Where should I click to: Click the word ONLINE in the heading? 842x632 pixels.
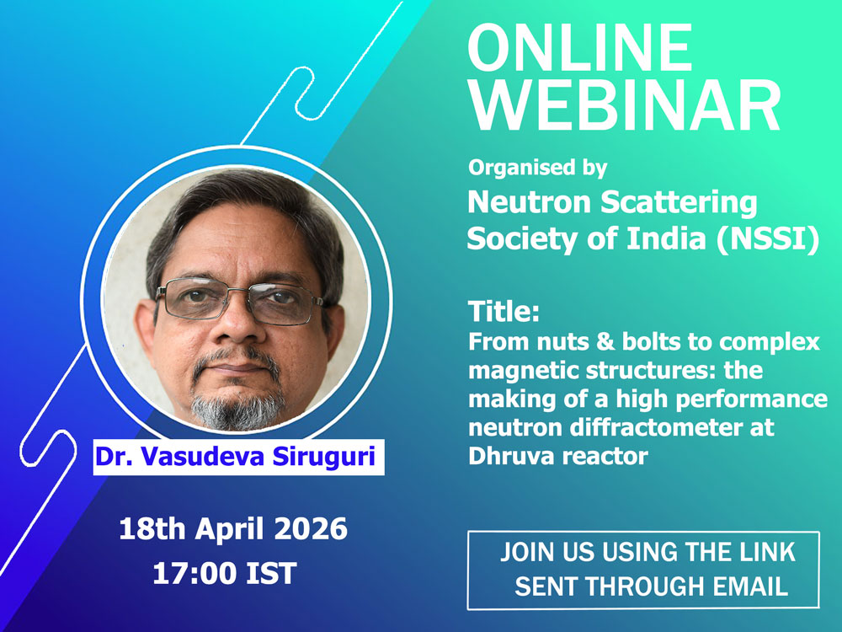click(580, 47)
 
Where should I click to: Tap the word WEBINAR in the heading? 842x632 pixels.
click(625, 106)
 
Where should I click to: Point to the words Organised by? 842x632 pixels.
click(537, 168)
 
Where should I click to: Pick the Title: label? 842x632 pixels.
click(504, 311)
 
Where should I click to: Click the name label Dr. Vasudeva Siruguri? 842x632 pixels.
click(235, 457)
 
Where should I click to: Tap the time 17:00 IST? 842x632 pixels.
click(225, 573)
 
